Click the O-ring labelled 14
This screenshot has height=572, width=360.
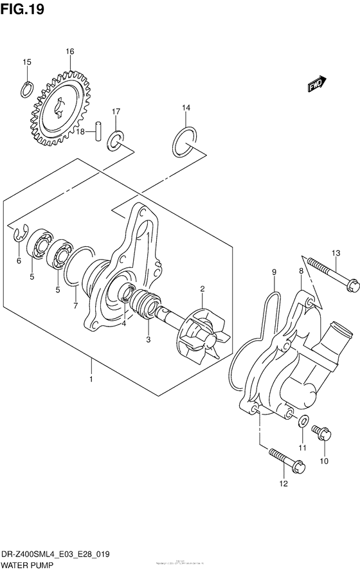point(184,141)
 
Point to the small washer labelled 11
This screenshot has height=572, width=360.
point(302,422)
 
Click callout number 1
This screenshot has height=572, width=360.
point(91,380)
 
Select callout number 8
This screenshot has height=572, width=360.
point(300,272)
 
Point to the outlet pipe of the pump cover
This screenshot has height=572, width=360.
point(336,338)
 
